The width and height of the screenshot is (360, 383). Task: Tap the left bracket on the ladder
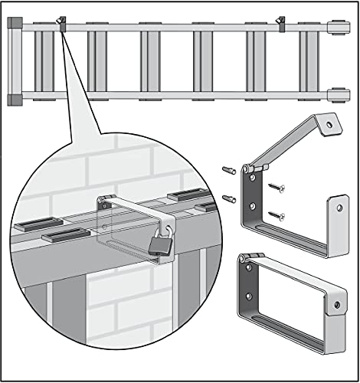[x=61, y=23]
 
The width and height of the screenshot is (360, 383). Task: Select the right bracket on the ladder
[x=281, y=23]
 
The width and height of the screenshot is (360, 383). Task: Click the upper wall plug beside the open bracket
[x=227, y=169]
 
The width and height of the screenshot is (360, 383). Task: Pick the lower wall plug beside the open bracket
[x=227, y=198]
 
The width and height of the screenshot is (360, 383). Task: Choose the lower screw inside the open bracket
[x=277, y=215]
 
